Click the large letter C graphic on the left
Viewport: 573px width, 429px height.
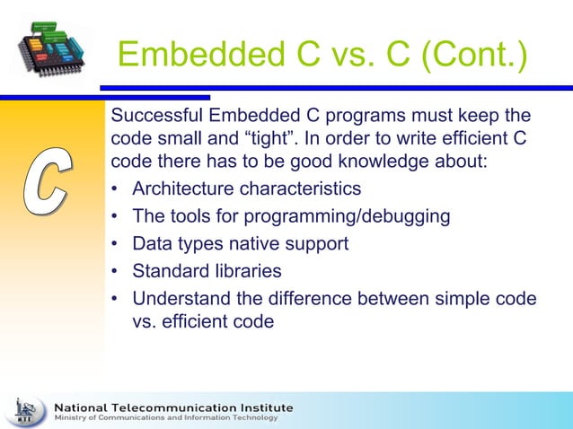click(45, 185)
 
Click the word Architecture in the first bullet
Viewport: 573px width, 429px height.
click(184, 189)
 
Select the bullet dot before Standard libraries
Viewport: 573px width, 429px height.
click(115, 271)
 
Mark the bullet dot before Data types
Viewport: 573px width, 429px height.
click(115, 244)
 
